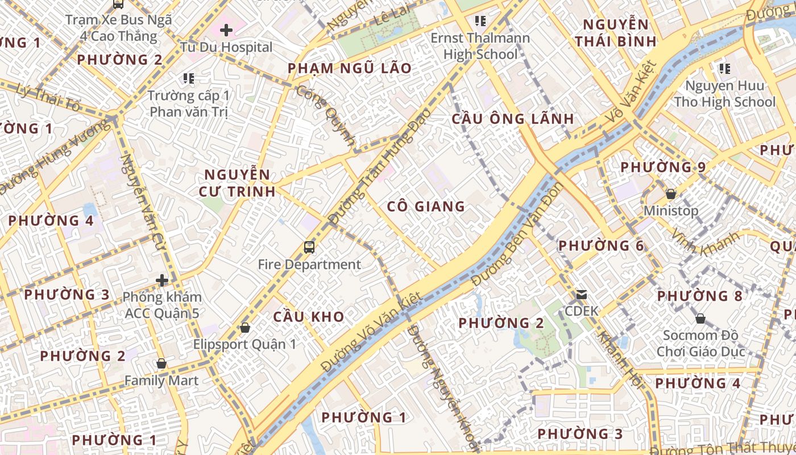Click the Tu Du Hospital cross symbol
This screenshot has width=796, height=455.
coord(226,30)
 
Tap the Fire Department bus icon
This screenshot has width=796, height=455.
coord(309,247)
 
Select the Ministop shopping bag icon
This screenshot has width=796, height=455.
coord(671,193)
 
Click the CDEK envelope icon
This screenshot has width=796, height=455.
coord(582,295)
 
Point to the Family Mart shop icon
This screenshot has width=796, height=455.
coord(161,363)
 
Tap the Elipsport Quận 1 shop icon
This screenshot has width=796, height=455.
coord(245,328)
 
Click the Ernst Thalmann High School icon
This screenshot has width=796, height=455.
coord(480,21)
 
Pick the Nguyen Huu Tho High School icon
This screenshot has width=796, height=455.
coord(724,69)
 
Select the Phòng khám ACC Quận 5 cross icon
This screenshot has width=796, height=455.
coord(162,280)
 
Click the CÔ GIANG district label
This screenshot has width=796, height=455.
coord(426,206)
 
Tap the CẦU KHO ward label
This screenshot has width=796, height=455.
coord(309,317)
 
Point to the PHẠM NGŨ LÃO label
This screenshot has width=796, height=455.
coord(350,69)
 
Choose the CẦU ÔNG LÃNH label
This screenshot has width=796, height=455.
coord(512,119)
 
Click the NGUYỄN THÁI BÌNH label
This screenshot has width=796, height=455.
coord(615,33)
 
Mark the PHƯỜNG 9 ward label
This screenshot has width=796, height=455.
coord(662,167)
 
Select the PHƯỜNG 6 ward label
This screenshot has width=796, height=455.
coord(601,246)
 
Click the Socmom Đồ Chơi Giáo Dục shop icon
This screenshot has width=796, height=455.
coord(700,318)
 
